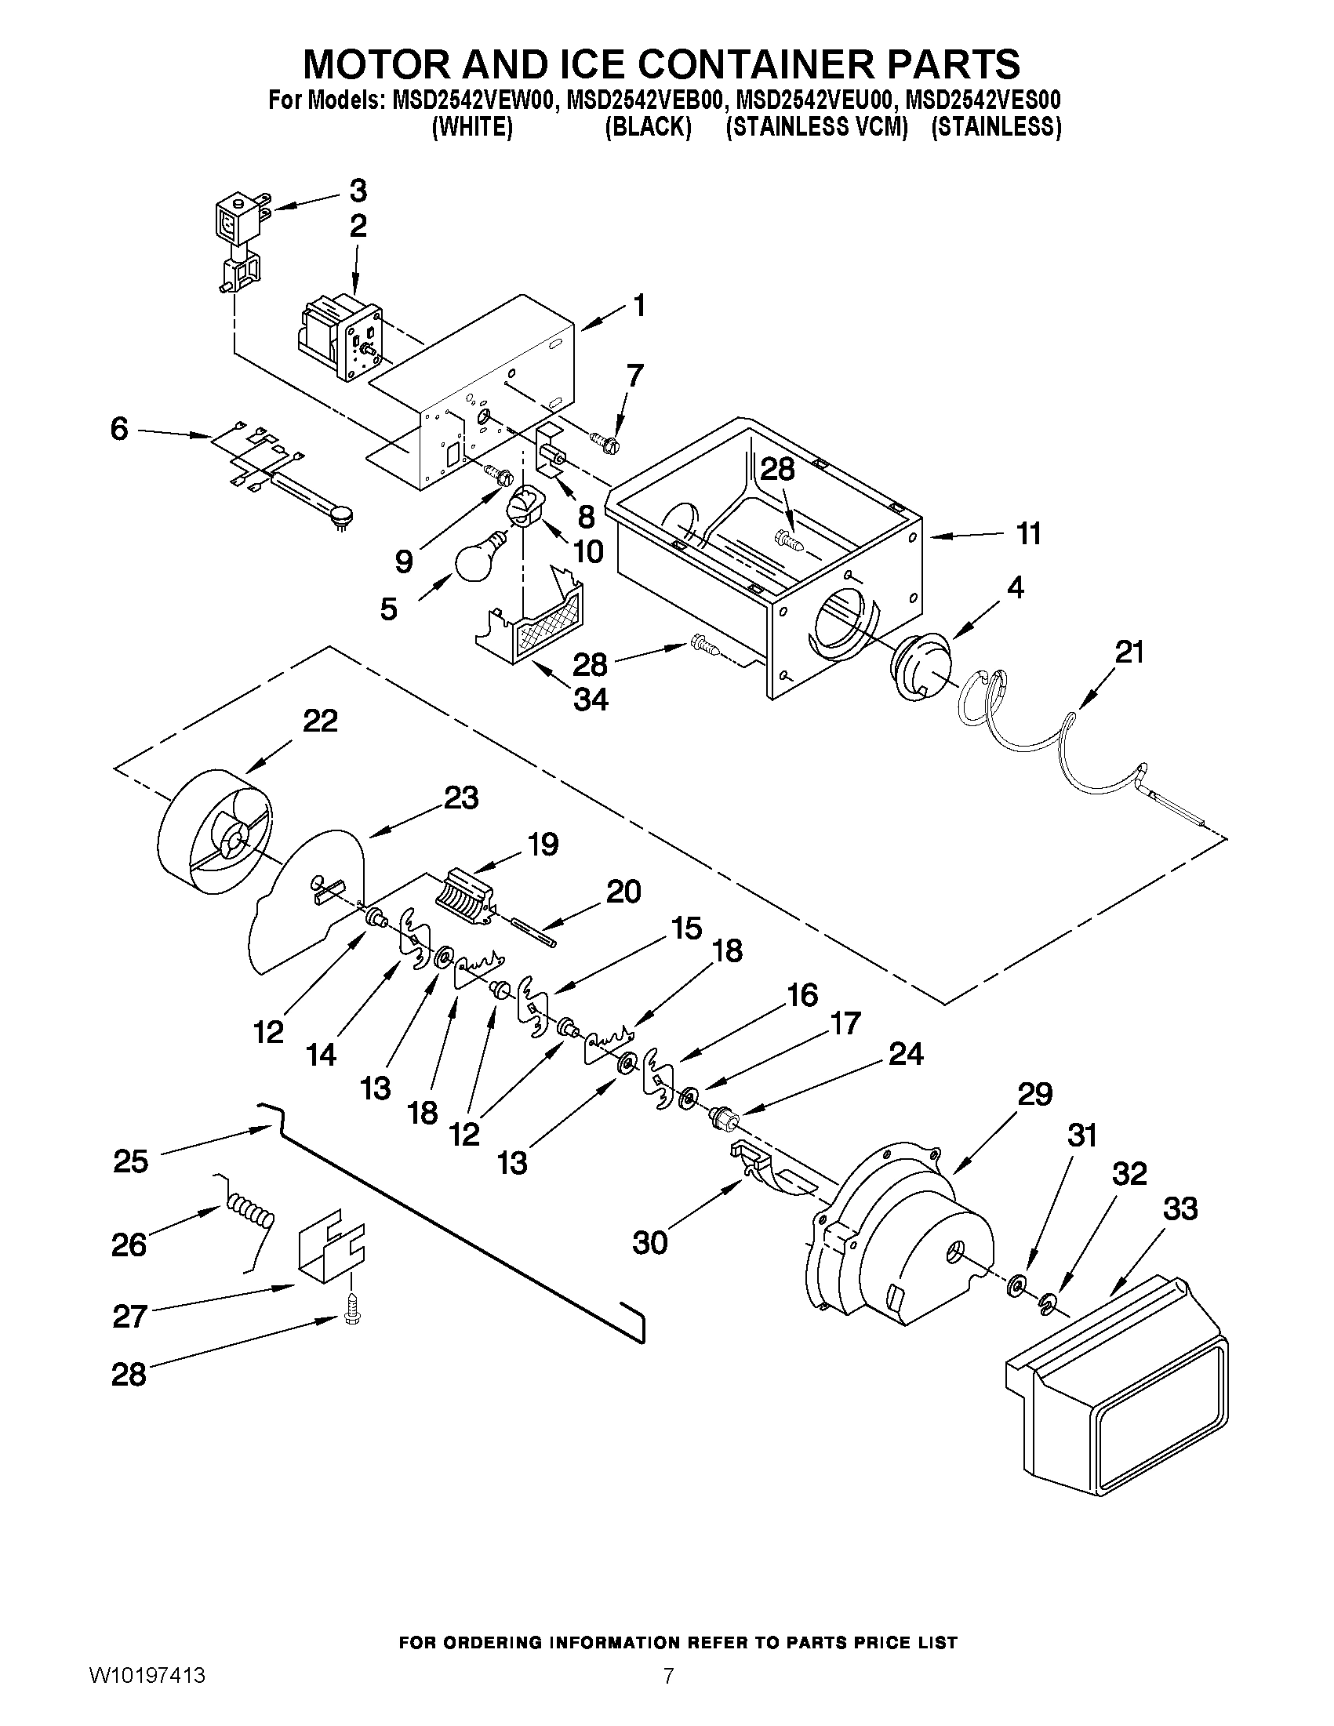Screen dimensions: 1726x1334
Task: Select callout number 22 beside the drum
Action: (320, 721)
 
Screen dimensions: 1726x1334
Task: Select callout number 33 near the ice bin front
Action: (1180, 1209)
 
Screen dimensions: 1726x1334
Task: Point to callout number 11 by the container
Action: (1028, 534)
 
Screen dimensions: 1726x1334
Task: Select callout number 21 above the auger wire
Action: (1129, 652)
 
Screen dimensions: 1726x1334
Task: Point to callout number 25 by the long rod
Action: (130, 1161)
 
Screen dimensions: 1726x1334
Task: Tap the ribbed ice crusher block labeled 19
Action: (466, 896)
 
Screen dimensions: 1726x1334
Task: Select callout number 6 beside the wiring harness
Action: (118, 429)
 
